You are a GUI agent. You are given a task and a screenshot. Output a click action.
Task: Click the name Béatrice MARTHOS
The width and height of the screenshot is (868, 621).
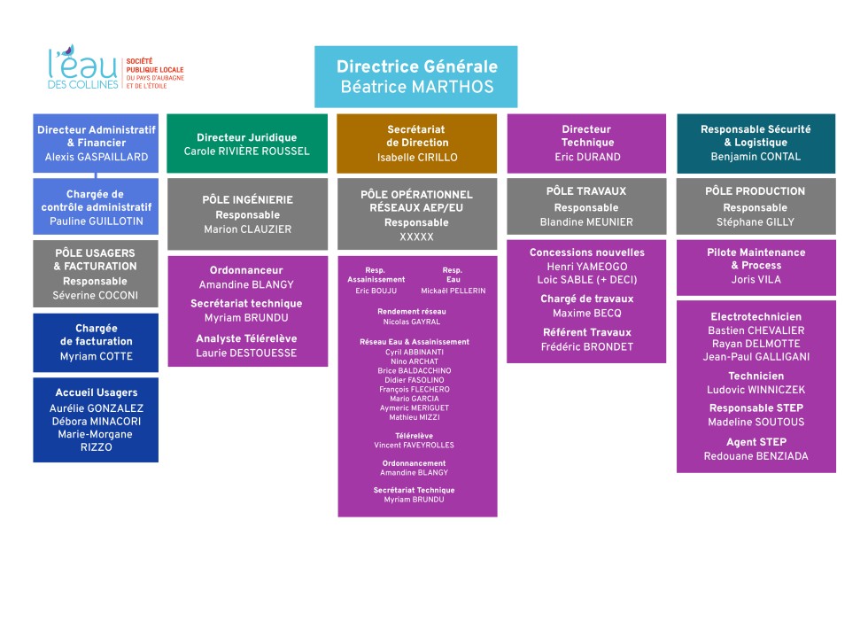click(416, 87)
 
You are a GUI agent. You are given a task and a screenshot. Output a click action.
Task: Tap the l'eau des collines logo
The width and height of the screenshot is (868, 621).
click(116, 68)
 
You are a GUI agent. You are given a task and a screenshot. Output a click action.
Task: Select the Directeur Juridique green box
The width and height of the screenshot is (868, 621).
click(247, 144)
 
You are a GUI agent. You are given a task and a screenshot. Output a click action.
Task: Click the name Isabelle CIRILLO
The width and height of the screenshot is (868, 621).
click(416, 157)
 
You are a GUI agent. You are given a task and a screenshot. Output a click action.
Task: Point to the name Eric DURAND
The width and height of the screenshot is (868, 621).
click(587, 157)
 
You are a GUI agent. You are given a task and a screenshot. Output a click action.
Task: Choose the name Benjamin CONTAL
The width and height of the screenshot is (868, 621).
click(756, 157)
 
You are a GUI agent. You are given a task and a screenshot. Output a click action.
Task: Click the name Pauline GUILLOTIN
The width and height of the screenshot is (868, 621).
click(96, 221)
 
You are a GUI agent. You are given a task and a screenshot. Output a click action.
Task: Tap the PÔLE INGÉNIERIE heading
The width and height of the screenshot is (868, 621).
click(247, 200)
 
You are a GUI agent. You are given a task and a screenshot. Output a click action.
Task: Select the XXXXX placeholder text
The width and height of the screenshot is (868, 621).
click(416, 237)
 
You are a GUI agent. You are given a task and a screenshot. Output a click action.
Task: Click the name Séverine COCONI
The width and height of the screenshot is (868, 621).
click(96, 294)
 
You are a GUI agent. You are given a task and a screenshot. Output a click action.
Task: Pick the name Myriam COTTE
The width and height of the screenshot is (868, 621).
click(96, 356)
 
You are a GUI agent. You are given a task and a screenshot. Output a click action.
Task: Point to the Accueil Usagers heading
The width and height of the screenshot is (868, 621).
click(96, 392)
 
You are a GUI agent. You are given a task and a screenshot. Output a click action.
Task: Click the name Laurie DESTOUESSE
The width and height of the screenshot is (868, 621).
click(247, 353)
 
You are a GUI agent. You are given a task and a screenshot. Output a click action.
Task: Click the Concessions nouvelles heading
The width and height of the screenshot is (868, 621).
click(586, 252)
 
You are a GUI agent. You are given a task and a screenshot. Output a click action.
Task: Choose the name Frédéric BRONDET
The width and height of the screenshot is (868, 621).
click(586, 347)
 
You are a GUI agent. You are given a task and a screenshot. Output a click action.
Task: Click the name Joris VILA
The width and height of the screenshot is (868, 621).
click(756, 280)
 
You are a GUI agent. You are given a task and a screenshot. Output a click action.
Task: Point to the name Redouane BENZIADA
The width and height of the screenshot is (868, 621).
click(756, 456)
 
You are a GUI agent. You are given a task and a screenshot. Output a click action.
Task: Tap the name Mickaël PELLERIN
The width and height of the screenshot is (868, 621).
click(453, 291)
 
